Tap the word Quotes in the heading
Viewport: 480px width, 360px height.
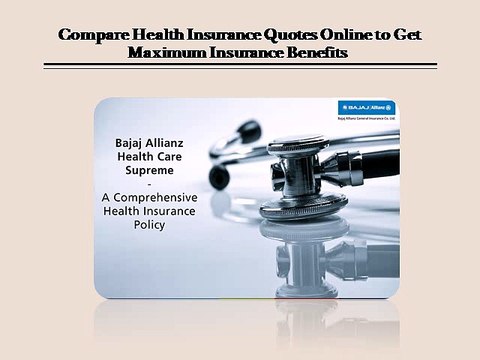point(296,34)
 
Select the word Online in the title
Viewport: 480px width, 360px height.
point(355,34)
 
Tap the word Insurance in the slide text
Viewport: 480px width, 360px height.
point(171,211)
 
